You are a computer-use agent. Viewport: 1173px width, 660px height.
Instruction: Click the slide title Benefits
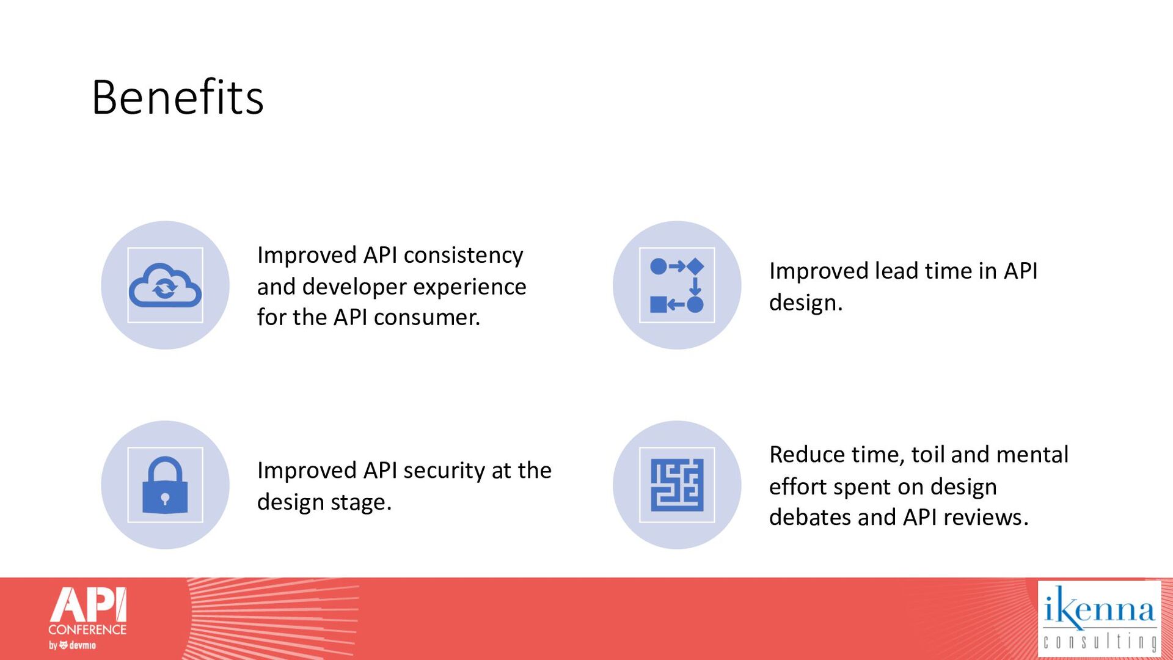177,97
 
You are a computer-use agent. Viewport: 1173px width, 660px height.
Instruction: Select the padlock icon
165,485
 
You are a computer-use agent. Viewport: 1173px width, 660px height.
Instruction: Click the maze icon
677,485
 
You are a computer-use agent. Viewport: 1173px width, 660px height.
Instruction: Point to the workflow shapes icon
677,285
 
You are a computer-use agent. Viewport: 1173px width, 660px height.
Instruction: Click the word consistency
463,255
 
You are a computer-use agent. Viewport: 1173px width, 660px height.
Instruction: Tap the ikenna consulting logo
1099,618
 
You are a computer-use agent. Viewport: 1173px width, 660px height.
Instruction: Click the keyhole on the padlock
165,499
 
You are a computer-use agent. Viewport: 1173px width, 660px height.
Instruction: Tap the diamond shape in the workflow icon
695,266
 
